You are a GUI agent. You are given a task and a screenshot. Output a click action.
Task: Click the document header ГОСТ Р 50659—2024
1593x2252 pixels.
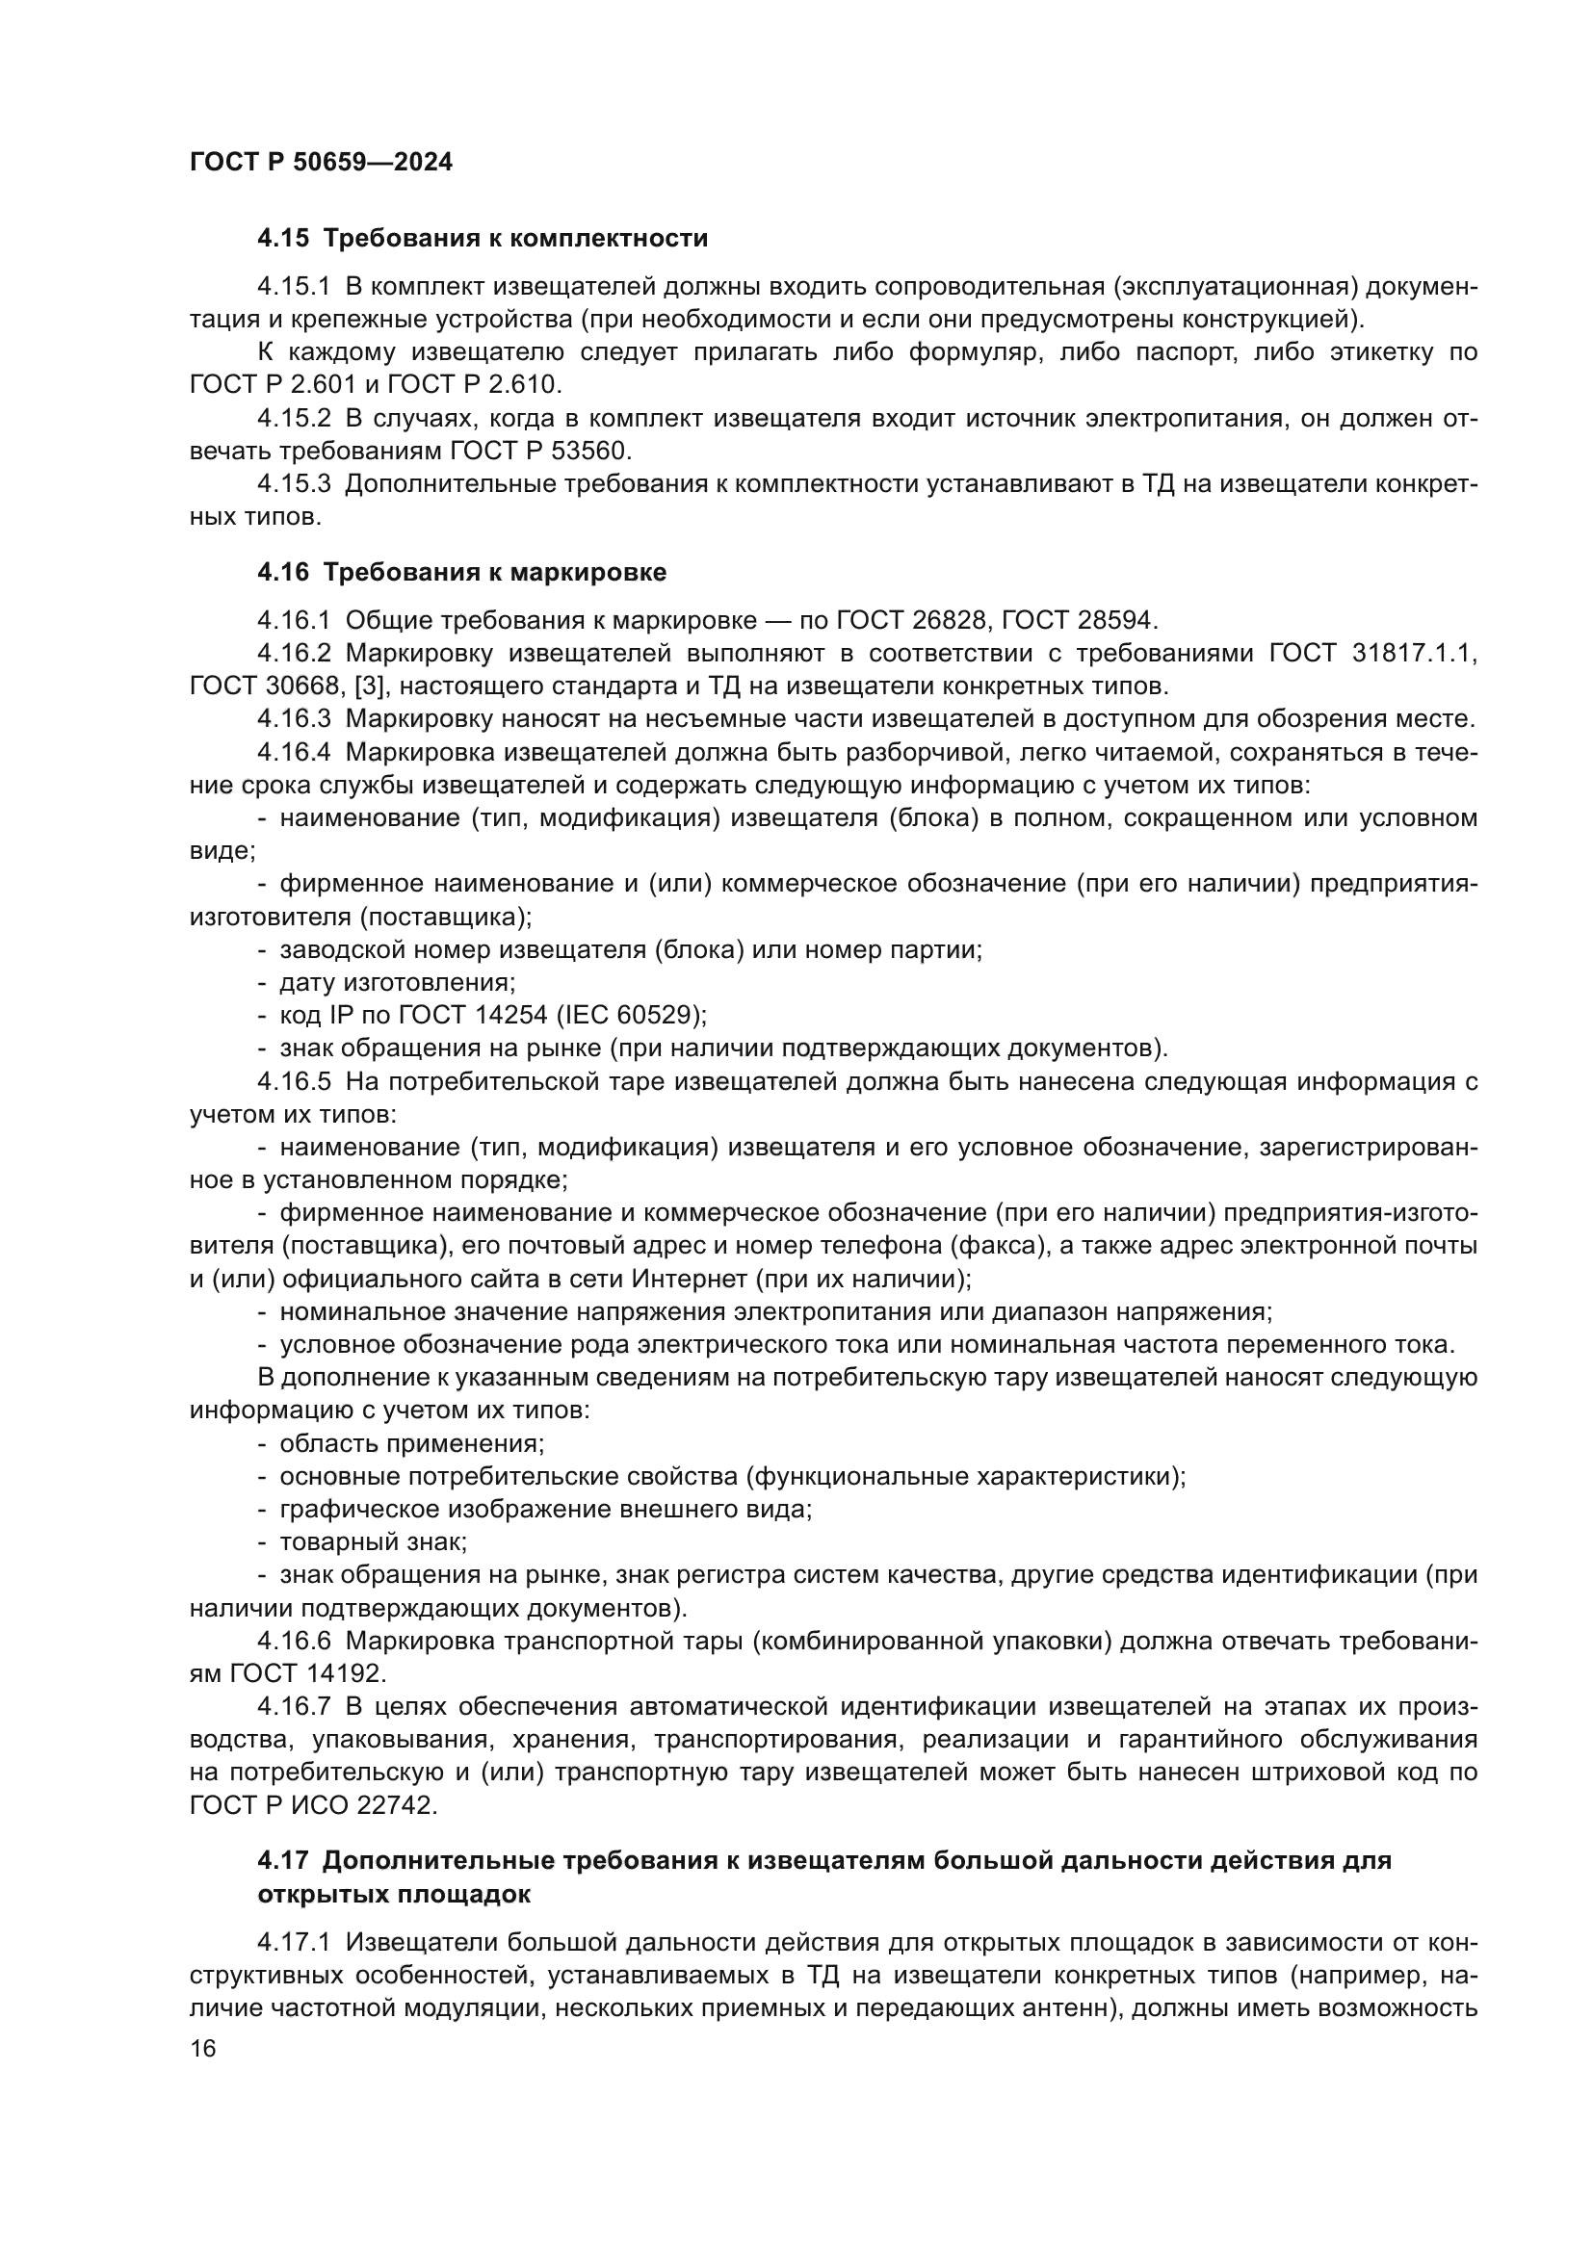[x=321, y=163]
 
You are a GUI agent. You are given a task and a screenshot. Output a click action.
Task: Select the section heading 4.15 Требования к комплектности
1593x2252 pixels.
[x=482, y=239]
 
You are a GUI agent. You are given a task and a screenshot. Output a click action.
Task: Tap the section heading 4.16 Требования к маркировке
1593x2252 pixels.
[x=461, y=572]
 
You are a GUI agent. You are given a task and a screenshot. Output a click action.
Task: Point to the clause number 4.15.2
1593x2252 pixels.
[x=295, y=419]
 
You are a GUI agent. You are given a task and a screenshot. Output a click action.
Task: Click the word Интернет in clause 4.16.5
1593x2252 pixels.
[x=690, y=1279]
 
